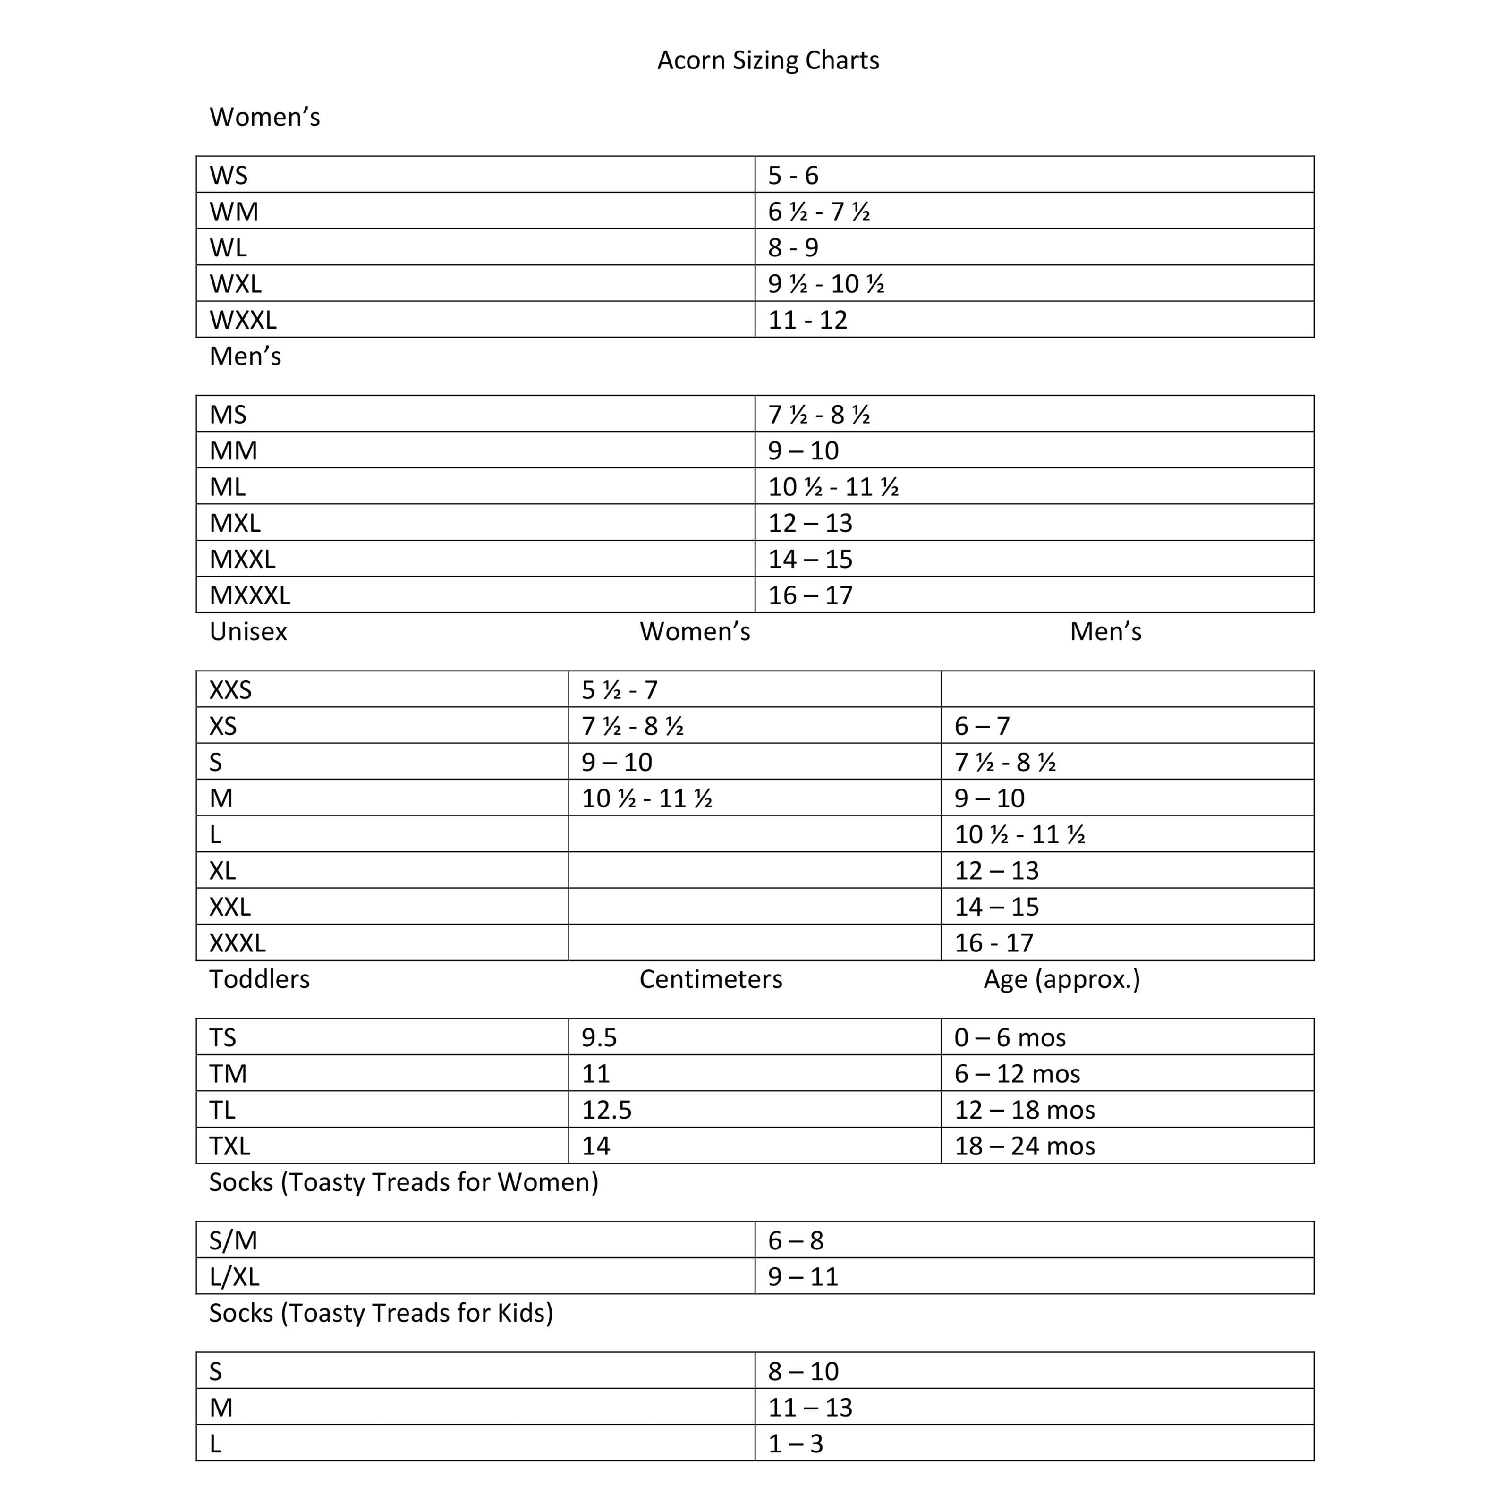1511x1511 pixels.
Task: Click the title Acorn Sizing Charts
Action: [x=768, y=60]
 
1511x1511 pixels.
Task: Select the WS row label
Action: [x=229, y=175]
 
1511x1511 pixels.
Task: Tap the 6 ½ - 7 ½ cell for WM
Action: [x=819, y=211]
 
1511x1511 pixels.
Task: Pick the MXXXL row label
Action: [x=249, y=595]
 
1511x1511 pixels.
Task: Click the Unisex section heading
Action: [x=248, y=631]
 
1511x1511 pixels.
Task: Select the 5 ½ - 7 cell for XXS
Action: [x=620, y=690]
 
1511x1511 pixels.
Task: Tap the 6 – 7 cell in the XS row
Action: [x=982, y=726]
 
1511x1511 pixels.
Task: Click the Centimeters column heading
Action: [x=710, y=979]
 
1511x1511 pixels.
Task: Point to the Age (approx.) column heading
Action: [x=1061, y=979]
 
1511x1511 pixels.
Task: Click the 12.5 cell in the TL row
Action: [x=606, y=1110]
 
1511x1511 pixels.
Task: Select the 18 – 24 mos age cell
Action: [x=1025, y=1146]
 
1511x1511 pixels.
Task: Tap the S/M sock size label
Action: [x=233, y=1240]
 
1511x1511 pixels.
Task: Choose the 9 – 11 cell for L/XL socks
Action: [x=802, y=1276]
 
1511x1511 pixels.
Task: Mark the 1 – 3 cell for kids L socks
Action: [x=795, y=1443]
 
